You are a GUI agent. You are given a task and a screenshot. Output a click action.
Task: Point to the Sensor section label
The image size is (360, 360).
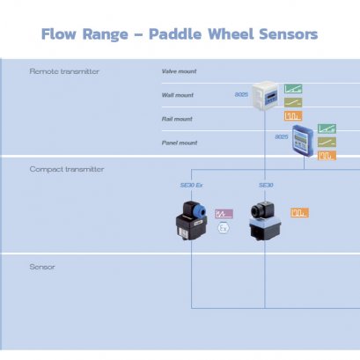(43, 266)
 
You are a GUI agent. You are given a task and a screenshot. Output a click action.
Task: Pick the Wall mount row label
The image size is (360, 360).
(179, 94)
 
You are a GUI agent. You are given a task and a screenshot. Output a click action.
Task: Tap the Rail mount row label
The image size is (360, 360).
(178, 118)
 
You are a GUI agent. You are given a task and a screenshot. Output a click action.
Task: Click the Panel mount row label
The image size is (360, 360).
(180, 142)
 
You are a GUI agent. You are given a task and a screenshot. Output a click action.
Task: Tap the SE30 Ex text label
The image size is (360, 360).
(191, 186)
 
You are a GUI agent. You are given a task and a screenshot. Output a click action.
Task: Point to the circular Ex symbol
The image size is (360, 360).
(224, 228)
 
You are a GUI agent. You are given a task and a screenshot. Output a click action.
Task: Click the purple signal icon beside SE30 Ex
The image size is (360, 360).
(224, 213)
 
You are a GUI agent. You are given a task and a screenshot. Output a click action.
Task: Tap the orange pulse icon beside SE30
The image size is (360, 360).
(300, 212)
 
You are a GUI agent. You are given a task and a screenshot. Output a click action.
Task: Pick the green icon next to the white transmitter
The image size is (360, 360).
(292, 88)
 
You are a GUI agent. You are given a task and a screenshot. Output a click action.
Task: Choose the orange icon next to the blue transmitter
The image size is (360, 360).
(327, 156)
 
